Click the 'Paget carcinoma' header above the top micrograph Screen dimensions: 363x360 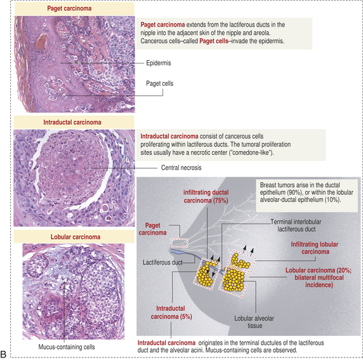point(69,9)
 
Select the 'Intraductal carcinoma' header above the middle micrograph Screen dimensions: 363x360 point(72,123)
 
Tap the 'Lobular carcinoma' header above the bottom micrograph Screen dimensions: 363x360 point(76,237)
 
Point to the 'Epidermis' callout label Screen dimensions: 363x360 point(159,63)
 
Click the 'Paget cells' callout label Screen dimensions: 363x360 point(159,83)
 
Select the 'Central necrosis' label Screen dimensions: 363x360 point(181,168)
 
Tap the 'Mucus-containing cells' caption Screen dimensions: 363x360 point(67,347)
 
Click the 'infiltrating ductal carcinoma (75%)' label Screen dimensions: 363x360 point(206,196)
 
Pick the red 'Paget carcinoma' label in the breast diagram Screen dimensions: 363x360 point(152,229)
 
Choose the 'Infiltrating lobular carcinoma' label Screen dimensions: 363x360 point(315,248)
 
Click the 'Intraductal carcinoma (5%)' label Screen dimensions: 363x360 point(171,312)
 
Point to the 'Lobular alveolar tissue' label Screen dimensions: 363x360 point(254,322)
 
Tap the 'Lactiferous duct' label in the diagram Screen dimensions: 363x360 point(162,262)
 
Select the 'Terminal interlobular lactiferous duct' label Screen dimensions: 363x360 point(296,225)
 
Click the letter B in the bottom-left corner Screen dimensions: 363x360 point(3,354)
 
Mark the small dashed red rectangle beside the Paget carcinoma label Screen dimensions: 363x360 point(180,243)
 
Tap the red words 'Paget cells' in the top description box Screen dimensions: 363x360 point(214,41)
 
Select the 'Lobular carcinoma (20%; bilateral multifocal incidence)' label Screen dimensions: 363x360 point(319,277)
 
